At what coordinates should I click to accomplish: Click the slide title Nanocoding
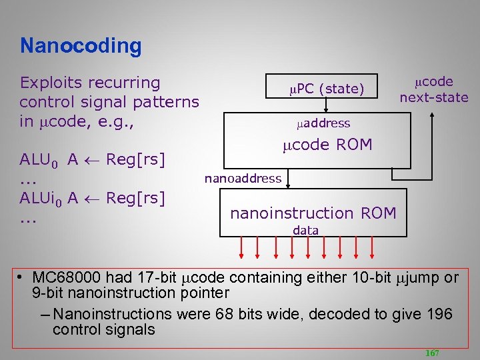click(81, 46)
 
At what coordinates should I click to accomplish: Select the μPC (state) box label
click(326, 89)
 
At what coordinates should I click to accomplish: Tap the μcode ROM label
click(327, 145)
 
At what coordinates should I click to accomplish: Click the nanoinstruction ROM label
click(313, 213)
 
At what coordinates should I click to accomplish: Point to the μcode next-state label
click(434, 89)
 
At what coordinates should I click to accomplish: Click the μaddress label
click(323, 123)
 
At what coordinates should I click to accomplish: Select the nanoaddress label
click(243, 178)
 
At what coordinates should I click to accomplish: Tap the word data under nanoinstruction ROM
click(306, 230)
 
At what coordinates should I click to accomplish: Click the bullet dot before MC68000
click(22, 277)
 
